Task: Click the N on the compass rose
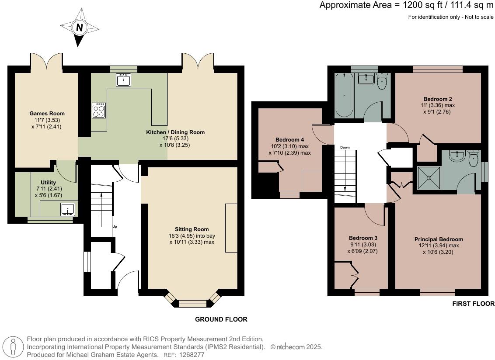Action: pos(79,28)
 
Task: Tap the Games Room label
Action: pos(47,114)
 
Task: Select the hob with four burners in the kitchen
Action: pos(98,110)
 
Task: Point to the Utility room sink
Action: pos(68,209)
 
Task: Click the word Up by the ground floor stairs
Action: pos(115,227)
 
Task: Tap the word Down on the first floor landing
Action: pos(345,147)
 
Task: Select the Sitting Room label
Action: pos(192,229)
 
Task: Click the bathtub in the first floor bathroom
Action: pos(345,95)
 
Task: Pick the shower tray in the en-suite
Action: pos(429,177)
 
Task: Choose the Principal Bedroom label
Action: pos(439,239)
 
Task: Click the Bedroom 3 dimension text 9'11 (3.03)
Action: pos(363,245)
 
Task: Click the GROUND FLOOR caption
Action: pos(221,319)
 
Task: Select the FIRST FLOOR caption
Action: pos(474,304)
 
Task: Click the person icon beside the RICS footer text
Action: pos(14,347)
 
